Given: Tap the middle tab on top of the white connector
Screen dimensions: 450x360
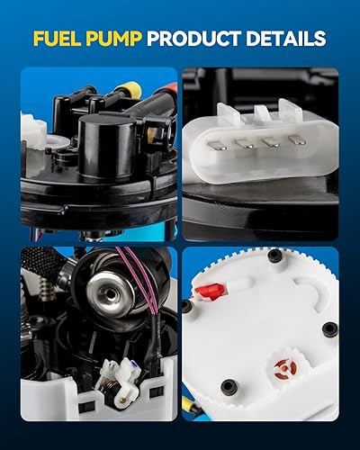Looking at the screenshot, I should [262, 112].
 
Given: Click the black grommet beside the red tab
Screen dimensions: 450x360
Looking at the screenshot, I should [186, 305].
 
